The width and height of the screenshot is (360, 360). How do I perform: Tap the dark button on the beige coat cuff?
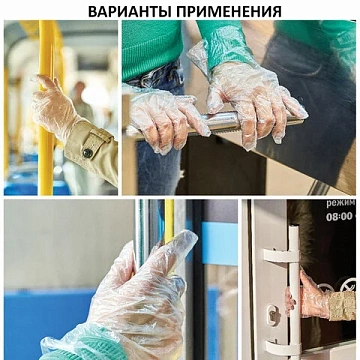coord(88,152)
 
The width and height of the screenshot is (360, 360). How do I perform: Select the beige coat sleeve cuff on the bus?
coord(94,147)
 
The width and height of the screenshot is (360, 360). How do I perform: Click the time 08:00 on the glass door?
coord(339,216)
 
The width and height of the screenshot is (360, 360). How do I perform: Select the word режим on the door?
coord(339,203)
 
